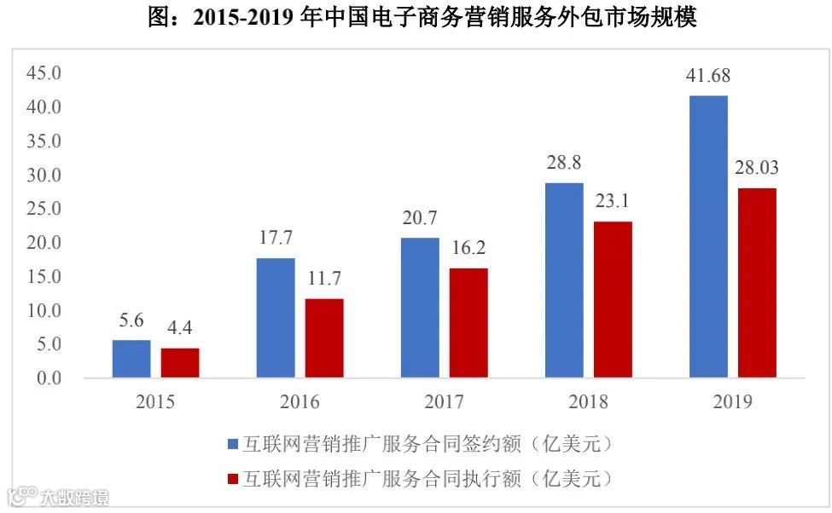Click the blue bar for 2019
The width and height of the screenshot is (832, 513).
pos(708,236)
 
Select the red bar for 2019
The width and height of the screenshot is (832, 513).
pos(757,282)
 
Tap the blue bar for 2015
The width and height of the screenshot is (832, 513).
pos(131,358)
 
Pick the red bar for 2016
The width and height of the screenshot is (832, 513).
pos(323,337)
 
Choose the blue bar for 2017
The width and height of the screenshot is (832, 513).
pos(420,307)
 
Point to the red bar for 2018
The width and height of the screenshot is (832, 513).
pos(613,299)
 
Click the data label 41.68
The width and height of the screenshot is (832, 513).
pos(707,77)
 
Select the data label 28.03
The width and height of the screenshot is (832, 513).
pos(756,168)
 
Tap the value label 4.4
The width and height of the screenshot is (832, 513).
pos(179,328)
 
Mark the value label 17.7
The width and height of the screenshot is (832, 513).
pos(276,238)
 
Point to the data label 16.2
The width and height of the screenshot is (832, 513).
pos(468,248)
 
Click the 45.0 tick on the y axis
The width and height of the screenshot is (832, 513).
pos(44,73)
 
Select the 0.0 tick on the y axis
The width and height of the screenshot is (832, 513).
pos(47,378)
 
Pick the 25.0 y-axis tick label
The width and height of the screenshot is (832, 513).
pos(44,209)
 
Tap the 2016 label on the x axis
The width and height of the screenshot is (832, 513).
pos(299,402)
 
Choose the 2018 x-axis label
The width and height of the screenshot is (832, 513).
pos(588,402)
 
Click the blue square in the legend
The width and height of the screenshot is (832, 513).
pos(233,444)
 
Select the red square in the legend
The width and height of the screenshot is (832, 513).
pos(233,477)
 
